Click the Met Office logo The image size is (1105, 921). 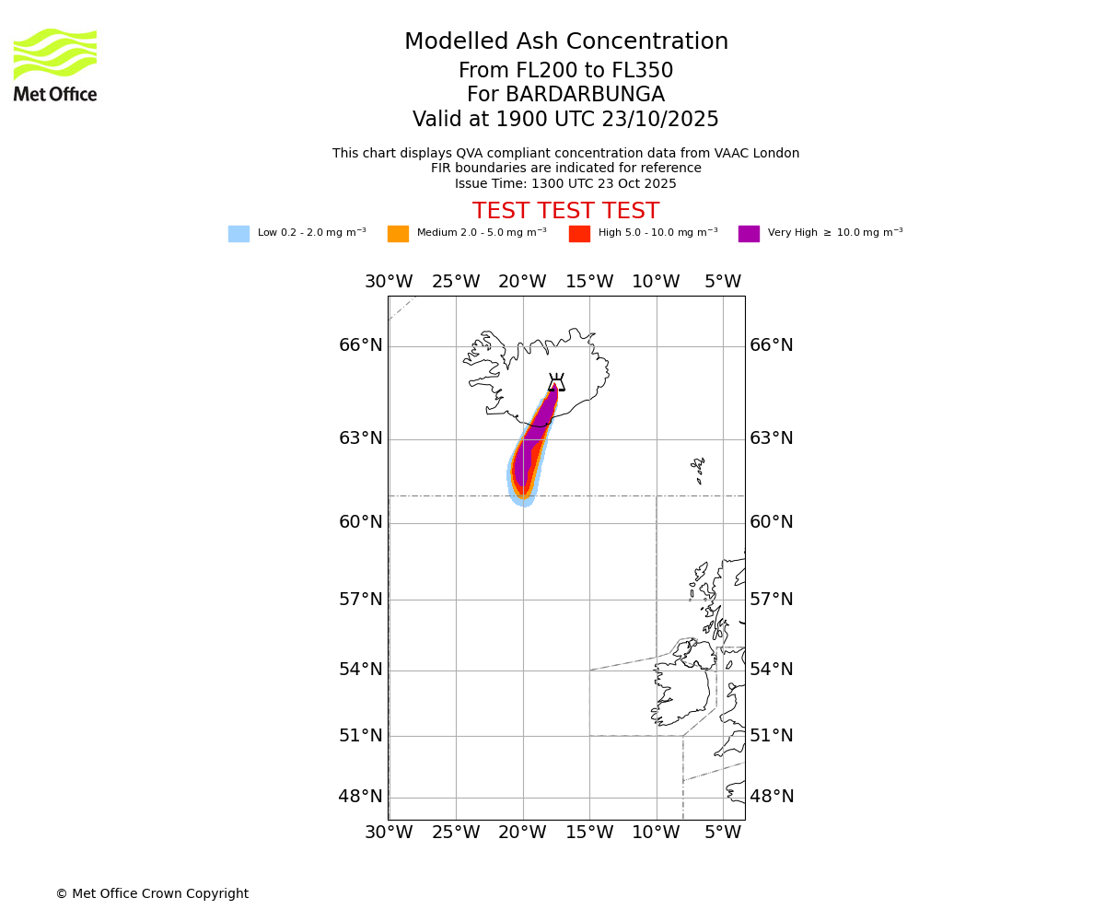pos(55,64)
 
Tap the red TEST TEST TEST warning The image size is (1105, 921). pos(565,211)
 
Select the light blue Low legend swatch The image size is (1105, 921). pos(238,233)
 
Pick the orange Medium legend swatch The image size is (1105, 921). pos(398,233)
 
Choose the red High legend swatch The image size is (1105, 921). pos(579,233)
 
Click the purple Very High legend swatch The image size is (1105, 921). pos(749,233)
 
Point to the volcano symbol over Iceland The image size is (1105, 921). pos(556,382)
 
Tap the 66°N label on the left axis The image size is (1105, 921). pos(361,345)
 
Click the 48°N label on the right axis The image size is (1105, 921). pos(772,797)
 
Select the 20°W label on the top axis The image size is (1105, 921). pos(522,281)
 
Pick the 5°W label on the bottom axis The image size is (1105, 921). pos(723,833)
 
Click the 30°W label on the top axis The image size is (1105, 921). pos(389,281)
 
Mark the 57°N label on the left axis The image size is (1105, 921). pos(361,600)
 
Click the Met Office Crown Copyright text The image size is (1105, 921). pos(152,893)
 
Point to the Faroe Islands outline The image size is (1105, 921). pos(699,470)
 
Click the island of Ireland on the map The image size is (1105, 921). pos(681,686)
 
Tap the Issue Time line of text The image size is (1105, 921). pos(565,183)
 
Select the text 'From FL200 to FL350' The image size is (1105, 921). pos(565,71)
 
